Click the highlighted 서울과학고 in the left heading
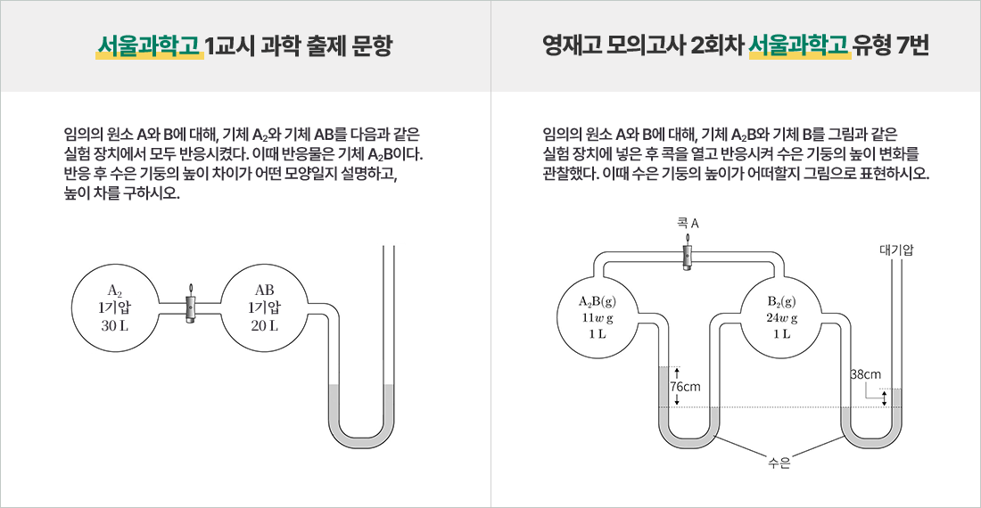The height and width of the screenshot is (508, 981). tap(149, 45)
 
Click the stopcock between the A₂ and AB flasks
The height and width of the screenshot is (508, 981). tap(189, 306)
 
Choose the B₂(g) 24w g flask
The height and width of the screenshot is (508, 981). tap(782, 316)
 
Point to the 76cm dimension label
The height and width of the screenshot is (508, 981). tap(685, 387)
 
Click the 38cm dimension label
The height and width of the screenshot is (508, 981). tap(865, 374)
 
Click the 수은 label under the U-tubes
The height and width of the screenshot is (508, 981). tap(779, 463)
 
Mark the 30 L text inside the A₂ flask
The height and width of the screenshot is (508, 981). tap(114, 325)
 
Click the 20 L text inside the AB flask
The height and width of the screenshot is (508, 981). tap(264, 325)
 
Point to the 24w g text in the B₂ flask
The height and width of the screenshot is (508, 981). tap(782, 317)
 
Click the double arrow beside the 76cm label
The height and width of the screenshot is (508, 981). tap(677, 386)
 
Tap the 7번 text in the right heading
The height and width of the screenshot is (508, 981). tap(911, 45)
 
